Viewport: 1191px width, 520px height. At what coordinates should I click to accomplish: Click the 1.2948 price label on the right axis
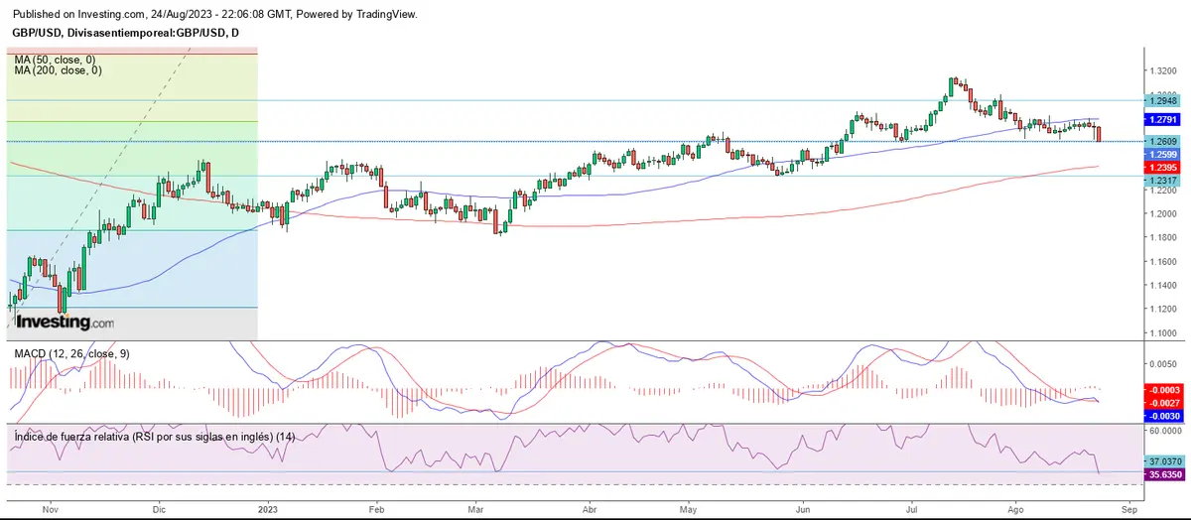[x=1161, y=100]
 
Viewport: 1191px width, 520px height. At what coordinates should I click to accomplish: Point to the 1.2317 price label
[x=1161, y=181]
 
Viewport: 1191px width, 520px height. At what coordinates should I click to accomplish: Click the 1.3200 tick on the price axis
[x=1164, y=71]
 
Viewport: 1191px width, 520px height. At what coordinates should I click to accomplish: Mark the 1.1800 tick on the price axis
[x=1164, y=238]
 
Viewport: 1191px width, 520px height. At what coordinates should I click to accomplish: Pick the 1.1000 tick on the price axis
[x=1164, y=333]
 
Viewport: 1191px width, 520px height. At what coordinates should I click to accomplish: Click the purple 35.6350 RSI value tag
[x=1161, y=475]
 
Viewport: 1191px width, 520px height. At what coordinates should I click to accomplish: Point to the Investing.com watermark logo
[x=65, y=323]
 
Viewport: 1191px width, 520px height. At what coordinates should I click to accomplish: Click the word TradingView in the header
[x=387, y=15]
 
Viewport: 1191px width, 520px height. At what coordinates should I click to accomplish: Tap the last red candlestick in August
[x=1098, y=132]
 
